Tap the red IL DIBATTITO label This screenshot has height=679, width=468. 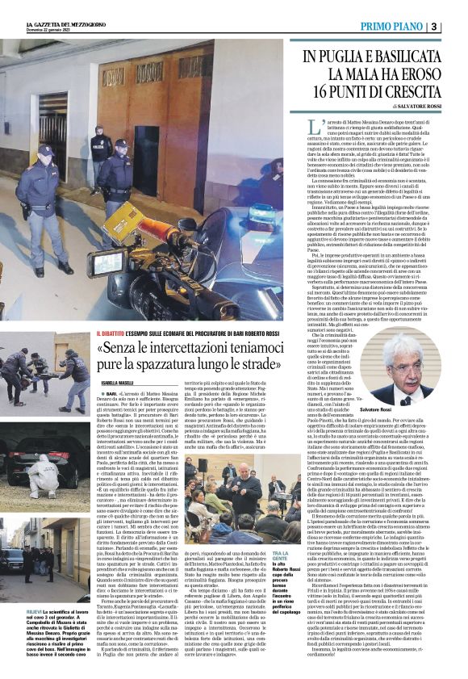(x=113, y=332)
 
